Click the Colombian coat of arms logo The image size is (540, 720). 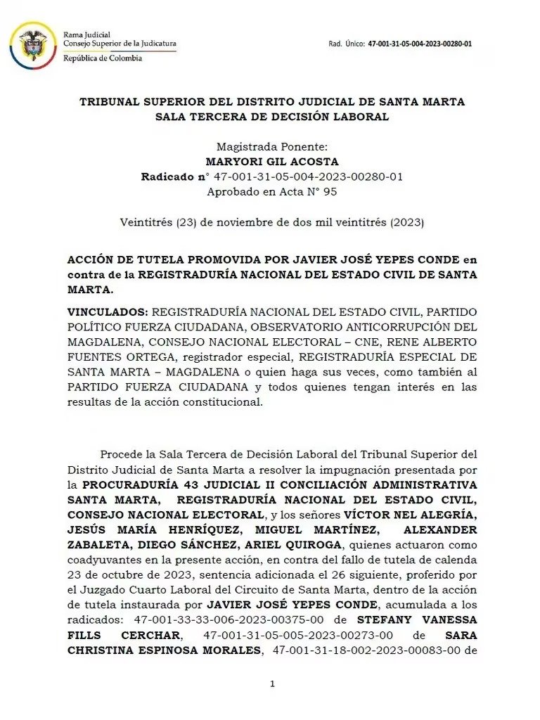click(x=32, y=45)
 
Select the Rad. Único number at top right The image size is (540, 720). click(x=420, y=44)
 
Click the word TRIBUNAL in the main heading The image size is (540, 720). click(x=109, y=102)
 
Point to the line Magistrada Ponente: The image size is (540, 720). click(x=272, y=147)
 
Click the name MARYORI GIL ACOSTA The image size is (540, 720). click(x=272, y=162)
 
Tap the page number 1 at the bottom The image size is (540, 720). click(x=272, y=684)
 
